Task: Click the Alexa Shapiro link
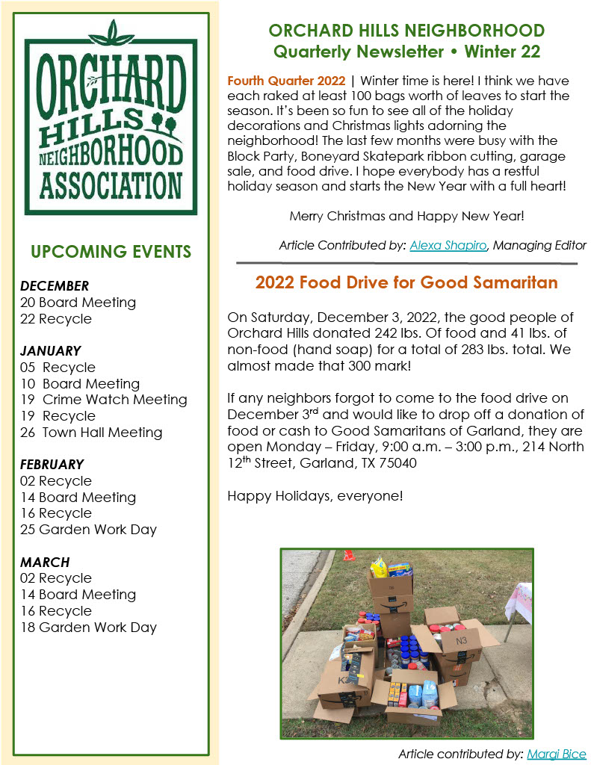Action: (448, 245)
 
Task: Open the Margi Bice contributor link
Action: (557, 754)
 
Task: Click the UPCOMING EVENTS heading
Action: (111, 252)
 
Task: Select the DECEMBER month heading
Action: (55, 286)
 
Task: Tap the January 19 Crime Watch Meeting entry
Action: (104, 400)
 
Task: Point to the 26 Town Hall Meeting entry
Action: (91, 433)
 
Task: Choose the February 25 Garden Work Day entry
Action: (88, 530)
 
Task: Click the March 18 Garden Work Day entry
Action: (88, 628)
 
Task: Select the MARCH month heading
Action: (45, 562)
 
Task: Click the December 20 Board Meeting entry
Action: (78, 303)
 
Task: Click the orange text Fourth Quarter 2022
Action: (286, 81)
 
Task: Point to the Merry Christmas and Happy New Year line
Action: (406, 217)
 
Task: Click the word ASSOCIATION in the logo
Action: (111, 185)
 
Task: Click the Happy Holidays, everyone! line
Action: (315, 495)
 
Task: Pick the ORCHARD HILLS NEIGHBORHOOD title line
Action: (406, 31)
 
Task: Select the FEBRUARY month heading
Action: (52, 465)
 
